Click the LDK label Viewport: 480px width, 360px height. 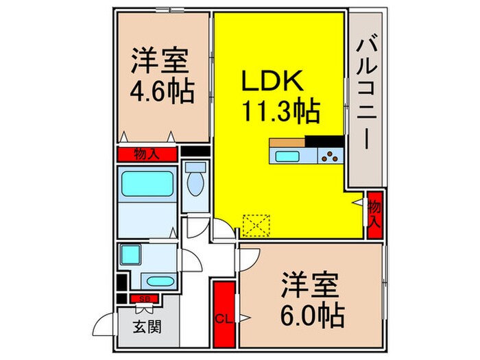tap(270, 80)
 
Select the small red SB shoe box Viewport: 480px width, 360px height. tap(145, 298)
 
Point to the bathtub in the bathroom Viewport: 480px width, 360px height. tap(147, 184)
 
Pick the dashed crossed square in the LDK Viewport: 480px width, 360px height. tap(257, 224)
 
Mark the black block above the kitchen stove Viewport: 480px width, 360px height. tap(321, 141)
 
